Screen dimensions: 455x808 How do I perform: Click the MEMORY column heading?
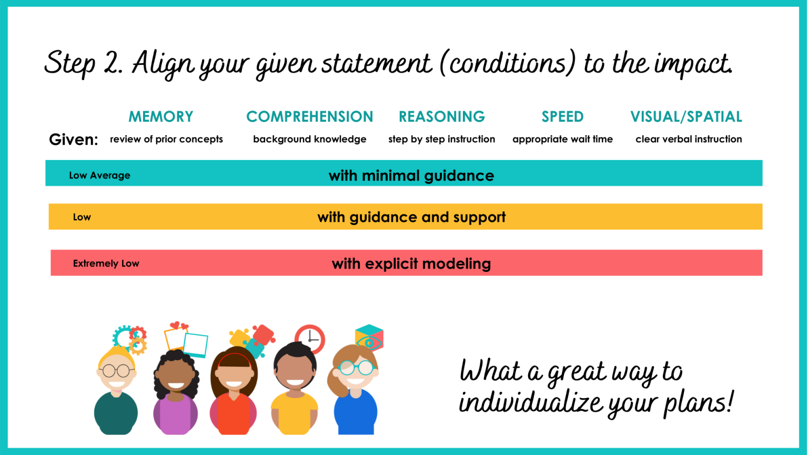tap(161, 116)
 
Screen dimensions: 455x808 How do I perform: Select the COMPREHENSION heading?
tap(309, 116)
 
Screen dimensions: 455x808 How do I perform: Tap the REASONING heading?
tap(441, 116)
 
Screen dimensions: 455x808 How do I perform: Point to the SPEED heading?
tap(562, 116)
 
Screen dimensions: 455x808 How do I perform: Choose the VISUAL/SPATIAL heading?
tap(686, 116)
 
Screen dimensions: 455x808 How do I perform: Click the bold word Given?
tap(73, 140)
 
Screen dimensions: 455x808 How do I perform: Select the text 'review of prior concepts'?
tap(166, 139)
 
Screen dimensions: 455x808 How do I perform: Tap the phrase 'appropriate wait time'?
tap(562, 139)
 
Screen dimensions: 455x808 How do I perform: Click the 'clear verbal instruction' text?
tap(688, 139)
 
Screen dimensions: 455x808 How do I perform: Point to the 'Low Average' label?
tap(99, 175)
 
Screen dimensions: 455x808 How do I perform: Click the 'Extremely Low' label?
tap(106, 263)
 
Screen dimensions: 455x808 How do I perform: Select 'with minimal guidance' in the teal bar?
tap(411, 175)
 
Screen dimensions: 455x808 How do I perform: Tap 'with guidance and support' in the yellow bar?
tap(411, 217)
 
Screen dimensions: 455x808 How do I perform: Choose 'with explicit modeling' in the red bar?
tap(411, 263)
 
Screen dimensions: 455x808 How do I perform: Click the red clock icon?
tap(310, 339)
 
